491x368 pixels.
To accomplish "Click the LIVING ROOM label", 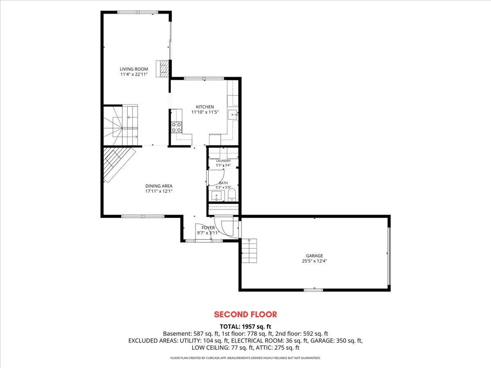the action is [x=134, y=69].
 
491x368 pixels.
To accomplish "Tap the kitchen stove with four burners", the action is [x=176, y=127].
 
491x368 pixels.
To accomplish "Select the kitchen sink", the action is [x=233, y=115].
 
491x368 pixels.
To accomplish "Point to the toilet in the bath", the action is [x=232, y=195].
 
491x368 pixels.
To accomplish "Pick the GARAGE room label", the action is [x=314, y=256].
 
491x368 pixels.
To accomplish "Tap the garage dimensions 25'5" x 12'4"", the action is [x=314, y=261].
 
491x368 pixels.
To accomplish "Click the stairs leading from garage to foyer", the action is [x=249, y=251].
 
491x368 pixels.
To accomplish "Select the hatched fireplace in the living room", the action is [x=163, y=69].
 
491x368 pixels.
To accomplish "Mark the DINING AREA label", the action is [x=159, y=186].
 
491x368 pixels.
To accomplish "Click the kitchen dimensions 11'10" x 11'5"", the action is [x=205, y=112].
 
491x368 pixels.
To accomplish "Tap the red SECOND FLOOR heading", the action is [x=245, y=314].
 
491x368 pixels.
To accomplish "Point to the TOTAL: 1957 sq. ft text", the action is [x=245, y=327].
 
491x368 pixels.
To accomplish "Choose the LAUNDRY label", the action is [x=223, y=161].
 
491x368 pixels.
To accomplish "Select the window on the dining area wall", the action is [x=143, y=216].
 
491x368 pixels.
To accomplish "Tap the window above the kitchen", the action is [x=204, y=78].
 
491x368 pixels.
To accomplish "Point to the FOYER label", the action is [x=208, y=228].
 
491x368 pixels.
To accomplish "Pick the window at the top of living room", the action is [x=137, y=12].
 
